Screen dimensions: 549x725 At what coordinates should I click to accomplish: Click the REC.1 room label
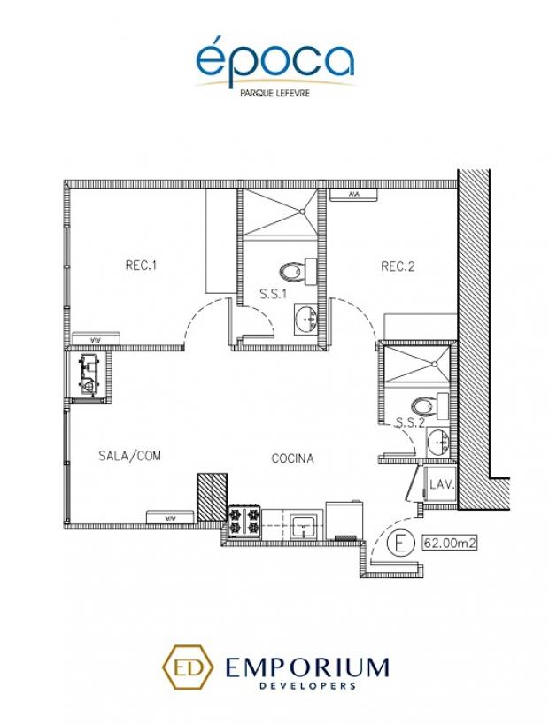141,266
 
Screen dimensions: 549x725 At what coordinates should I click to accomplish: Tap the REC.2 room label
398,266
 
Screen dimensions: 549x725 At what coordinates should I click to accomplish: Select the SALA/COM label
130,456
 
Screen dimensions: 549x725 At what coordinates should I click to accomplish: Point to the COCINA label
292,459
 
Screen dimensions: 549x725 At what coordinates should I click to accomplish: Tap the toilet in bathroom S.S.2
429,406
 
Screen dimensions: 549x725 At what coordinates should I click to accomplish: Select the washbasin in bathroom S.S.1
305,318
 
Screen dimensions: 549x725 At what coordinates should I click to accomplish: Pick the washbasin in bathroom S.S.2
438,442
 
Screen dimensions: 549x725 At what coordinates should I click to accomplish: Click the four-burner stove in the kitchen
244,521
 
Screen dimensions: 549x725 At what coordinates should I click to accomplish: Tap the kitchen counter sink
303,526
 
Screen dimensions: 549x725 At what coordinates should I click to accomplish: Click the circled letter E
398,543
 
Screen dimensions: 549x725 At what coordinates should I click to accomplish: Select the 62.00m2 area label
449,543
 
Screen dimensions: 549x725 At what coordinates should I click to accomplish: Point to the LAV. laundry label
442,485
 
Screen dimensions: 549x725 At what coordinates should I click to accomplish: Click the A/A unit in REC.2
354,194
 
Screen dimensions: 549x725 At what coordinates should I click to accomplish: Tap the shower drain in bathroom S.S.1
302,212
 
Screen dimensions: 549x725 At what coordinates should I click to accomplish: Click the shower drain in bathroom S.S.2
435,365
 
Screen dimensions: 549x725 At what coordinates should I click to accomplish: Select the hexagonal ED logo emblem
187,667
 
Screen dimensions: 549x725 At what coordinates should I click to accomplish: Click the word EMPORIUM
306,667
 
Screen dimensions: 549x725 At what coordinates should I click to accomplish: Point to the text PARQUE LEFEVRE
274,93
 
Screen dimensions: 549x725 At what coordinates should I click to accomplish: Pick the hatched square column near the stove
213,497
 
